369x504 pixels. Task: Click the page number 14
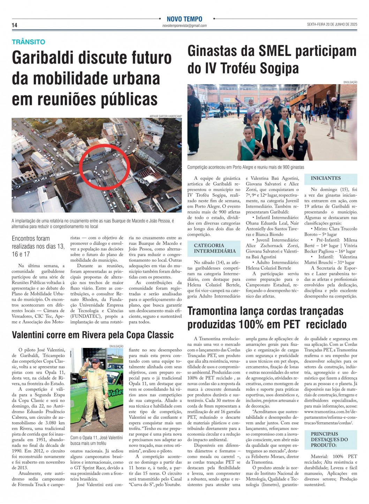tap(14, 25)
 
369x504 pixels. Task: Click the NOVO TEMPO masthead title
tap(184, 19)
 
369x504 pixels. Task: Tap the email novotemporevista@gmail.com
tap(184, 25)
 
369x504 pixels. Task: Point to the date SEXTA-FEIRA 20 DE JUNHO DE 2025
tap(332, 24)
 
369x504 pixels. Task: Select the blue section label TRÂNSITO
tap(29, 42)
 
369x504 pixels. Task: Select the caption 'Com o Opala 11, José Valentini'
tap(97, 438)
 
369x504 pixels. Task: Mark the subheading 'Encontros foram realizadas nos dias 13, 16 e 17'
tap(38, 246)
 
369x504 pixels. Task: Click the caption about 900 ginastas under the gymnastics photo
tap(246, 167)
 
